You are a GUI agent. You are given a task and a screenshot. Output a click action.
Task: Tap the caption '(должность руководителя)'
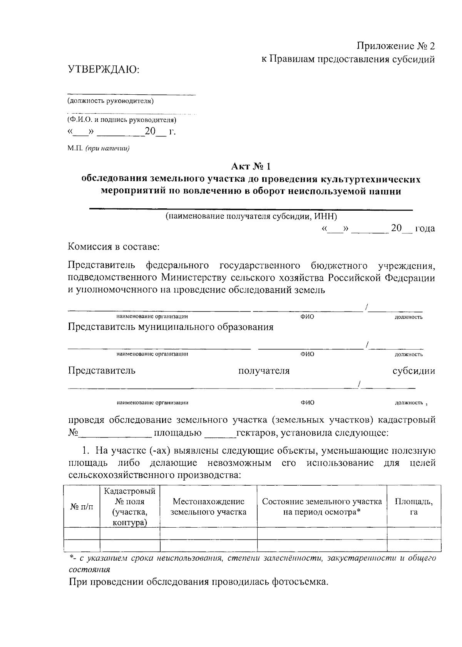coord(110,101)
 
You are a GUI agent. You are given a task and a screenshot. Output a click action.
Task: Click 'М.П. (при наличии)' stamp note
coord(99,149)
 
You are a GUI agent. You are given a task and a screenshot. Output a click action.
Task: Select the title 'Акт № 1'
coord(251,166)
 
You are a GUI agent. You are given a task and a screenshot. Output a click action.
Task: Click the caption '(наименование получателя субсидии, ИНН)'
coord(251,216)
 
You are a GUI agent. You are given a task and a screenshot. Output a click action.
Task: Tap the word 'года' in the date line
coord(425,228)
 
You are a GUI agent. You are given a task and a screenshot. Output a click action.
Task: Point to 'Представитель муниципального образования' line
coord(171,327)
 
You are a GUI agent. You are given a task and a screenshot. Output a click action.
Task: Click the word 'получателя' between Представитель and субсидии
coord(264,371)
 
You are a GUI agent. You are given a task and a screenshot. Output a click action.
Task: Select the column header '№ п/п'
coord(82,507)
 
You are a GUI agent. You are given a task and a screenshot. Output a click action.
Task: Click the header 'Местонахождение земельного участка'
coord(208,507)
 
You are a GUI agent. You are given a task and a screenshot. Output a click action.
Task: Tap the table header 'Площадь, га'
coord(414,507)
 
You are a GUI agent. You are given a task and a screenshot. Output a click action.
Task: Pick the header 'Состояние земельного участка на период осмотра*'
coord(322,507)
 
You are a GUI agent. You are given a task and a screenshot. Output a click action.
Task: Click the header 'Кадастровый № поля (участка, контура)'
coord(130,507)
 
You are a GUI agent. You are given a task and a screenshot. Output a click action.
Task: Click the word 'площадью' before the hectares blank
coord(178,433)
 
